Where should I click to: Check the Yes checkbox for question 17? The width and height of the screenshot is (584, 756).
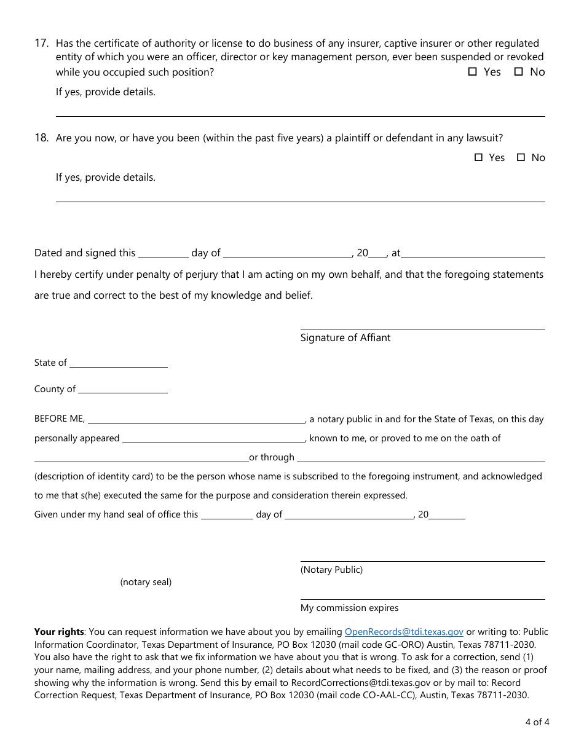point(473,72)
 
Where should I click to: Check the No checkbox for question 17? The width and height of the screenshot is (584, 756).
point(518,72)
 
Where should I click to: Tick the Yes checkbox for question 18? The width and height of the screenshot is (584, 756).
point(479,157)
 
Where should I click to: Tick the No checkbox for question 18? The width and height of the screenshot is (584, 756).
point(521,157)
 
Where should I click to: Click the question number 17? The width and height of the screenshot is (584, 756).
point(41,44)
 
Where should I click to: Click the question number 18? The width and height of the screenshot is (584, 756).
point(41,138)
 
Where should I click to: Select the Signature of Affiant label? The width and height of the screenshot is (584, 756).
point(345,337)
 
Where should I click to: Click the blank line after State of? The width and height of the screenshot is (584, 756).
point(118,363)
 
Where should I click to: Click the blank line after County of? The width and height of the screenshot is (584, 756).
point(122,389)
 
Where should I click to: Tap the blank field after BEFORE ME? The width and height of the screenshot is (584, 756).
point(197,419)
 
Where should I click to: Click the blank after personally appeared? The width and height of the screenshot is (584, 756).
point(213,438)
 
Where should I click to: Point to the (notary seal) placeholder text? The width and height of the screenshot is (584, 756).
point(146,582)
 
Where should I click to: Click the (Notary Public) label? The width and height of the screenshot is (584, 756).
point(331,570)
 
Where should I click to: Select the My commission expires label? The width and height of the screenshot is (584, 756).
point(349,608)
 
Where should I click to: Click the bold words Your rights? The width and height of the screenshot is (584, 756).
point(59,632)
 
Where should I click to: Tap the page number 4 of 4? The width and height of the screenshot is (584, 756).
point(537,722)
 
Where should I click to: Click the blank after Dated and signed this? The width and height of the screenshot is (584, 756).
point(163,253)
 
